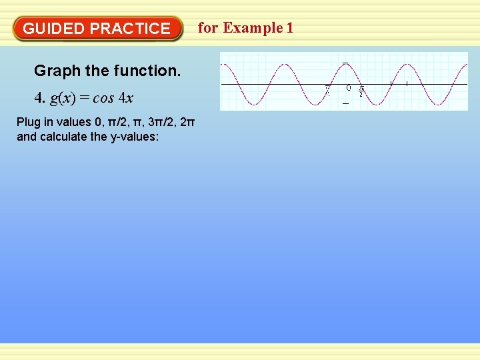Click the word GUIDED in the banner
coord(53,29)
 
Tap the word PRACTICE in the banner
coord(130,29)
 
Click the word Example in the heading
coord(253,28)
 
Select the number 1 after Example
coord(289,28)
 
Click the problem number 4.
coord(39,99)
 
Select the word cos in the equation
coord(103,99)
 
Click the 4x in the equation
coord(126,99)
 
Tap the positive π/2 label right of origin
coord(361,91)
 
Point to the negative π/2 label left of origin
coord(327,91)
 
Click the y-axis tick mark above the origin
coord(345,63)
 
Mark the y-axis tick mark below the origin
coord(345,104)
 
